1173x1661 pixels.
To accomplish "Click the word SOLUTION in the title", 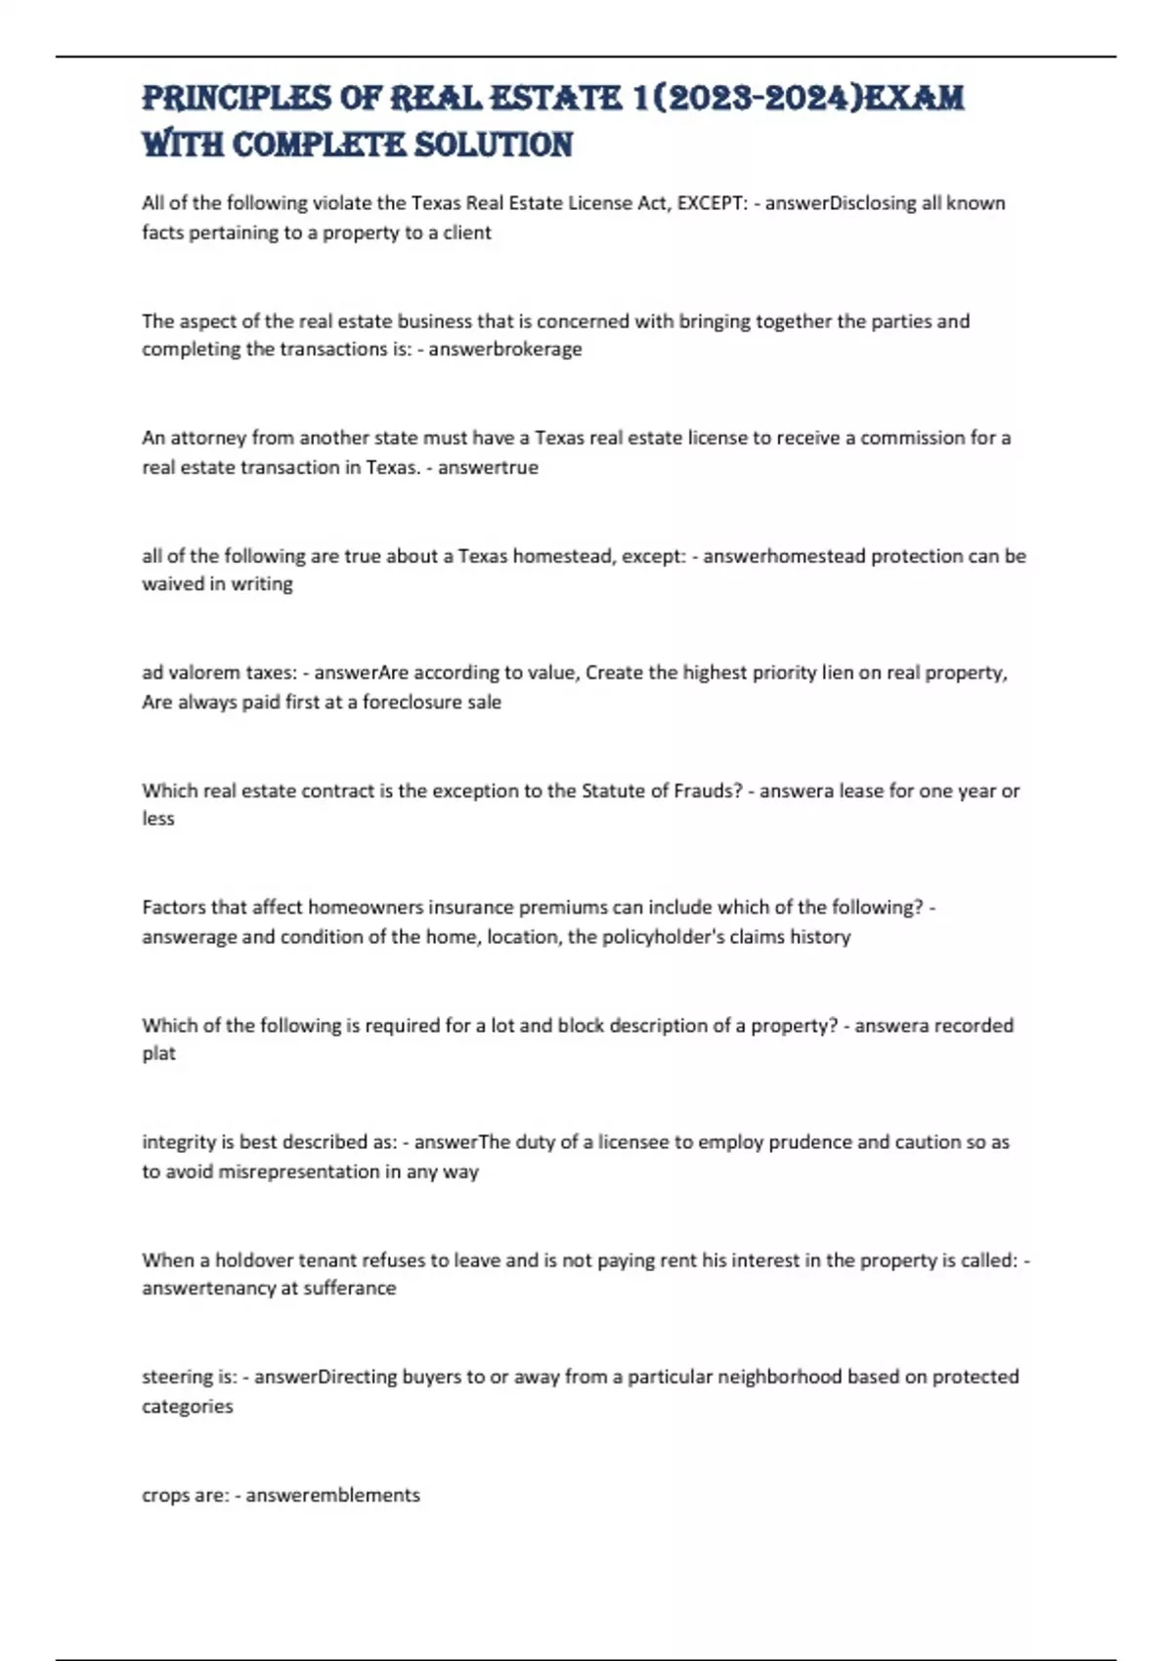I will click(x=494, y=145).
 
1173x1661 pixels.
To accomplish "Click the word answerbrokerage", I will click(x=505, y=349).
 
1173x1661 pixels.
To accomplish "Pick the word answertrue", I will click(x=488, y=467).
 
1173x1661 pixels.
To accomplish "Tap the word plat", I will click(x=158, y=1053).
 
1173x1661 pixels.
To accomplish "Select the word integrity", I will click(x=179, y=1142).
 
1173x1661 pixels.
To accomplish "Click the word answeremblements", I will click(x=332, y=1495).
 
